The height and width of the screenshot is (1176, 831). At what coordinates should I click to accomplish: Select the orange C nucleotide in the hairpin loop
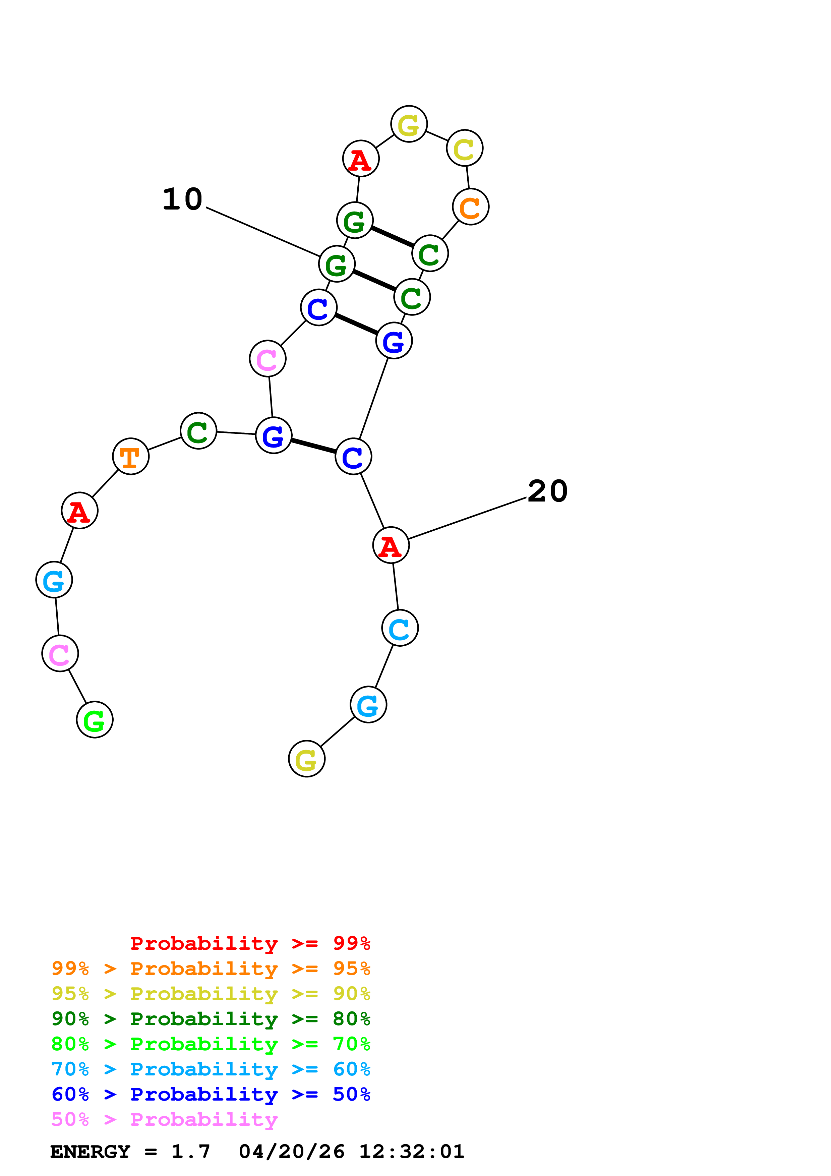(x=471, y=207)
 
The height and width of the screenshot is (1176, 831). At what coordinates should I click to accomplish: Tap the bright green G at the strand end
(x=95, y=720)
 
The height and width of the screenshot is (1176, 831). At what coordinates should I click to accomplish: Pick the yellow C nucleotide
(x=464, y=149)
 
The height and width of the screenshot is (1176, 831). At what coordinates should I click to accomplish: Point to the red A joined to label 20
(x=391, y=545)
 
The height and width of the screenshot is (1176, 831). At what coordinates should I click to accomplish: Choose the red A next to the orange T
(x=79, y=511)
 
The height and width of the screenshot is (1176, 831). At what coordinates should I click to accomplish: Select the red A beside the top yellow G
(x=360, y=159)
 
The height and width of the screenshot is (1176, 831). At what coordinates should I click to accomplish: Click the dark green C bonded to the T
(x=198, y=431)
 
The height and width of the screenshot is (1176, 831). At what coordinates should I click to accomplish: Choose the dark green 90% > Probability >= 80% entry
(x=211, y=1019)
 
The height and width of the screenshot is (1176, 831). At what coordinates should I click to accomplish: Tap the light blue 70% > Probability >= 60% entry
(x=211, y=1069)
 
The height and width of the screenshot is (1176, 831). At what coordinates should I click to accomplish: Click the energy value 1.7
(x=190, y=1152)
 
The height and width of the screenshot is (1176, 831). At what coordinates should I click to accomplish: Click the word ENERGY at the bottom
(x=90, y=1152)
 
